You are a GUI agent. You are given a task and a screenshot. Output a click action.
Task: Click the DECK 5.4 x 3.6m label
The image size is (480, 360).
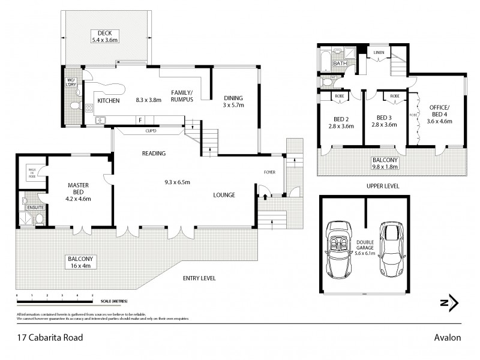[x=106, y=36]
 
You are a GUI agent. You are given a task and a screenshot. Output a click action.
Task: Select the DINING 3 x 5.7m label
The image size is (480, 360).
[x=235, y=101]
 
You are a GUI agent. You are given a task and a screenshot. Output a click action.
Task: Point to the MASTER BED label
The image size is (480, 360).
[x=79, y=190]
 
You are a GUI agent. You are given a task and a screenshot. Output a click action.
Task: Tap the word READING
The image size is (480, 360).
[x=154, y=154]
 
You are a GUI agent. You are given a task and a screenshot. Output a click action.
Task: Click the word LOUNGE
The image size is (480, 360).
[x=224, y=195]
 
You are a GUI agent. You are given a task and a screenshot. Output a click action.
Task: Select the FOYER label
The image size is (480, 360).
[x=269, y=173]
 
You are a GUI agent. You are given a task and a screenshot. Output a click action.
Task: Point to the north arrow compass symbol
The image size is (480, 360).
[x=449, y=303]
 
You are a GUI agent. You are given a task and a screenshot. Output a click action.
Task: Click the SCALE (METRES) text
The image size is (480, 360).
[x=114, y=301]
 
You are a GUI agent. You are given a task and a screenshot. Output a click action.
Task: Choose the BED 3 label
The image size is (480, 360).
[x=385, y=122]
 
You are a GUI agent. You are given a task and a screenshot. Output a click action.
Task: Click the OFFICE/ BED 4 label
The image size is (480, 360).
[x=440, y=114]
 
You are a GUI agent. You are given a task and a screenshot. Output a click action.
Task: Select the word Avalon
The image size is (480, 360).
[x=447, y=337]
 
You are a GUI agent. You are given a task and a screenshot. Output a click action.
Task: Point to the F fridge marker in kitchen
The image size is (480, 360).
[x=140, y=119]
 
